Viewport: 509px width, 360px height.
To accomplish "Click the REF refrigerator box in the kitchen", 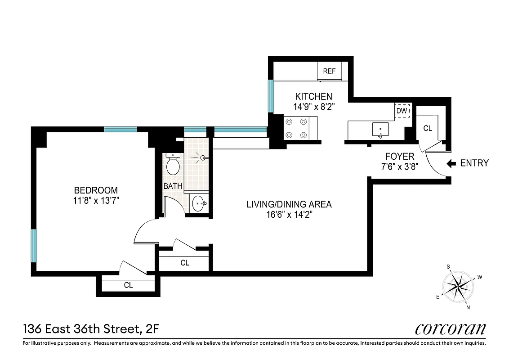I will click(x=330, y=71).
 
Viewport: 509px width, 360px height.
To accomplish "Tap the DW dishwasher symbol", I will click(x=402, y=110).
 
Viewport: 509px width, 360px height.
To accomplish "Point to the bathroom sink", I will click(x=199, y=204).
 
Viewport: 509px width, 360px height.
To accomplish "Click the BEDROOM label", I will click(x=96, y=190).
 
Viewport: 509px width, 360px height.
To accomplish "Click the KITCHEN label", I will click(x=313, y=96).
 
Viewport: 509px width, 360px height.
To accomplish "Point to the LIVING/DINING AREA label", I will click(x=289, y=204).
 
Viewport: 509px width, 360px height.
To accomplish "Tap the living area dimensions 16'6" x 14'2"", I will click(x=289, y=215).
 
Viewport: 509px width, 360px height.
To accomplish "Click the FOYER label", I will click(x=399, y=157).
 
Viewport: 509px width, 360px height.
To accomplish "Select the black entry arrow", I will click(x=452, y=163).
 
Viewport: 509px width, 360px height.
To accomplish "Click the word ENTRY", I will click(x=474, y=163).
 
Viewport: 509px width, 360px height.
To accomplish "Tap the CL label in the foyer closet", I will click(x=427, y=128).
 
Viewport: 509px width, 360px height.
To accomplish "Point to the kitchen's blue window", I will click(x=271, y=96).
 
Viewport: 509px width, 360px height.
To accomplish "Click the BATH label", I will click(x=172, y=186).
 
